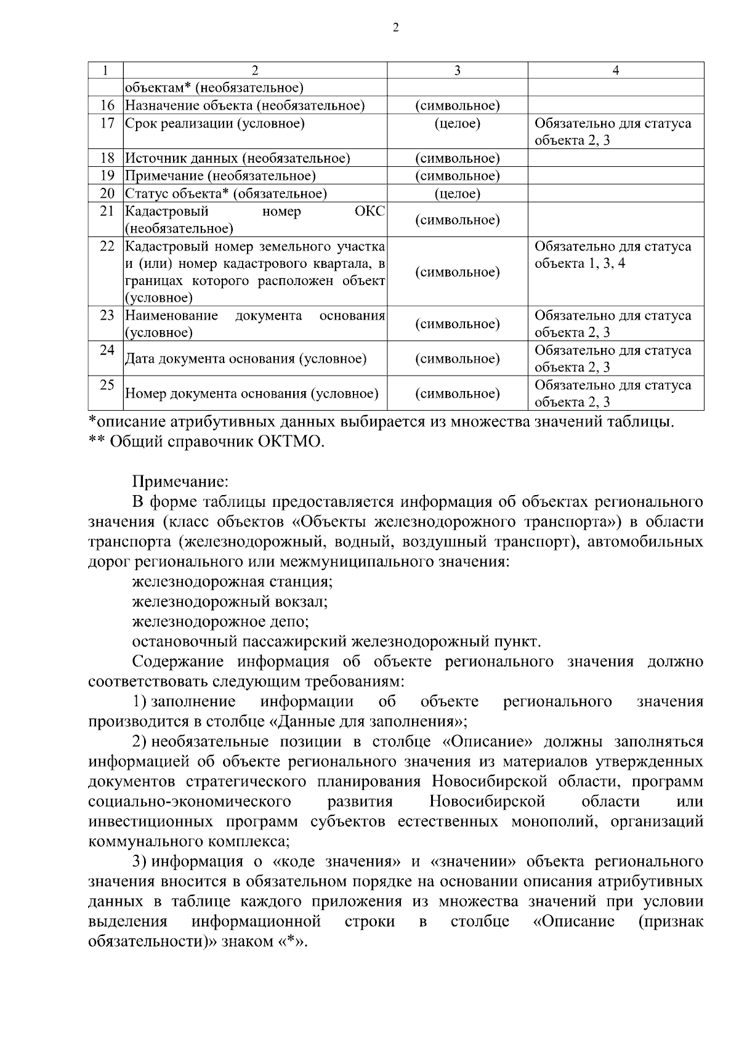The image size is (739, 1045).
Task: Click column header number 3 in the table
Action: (457, 70)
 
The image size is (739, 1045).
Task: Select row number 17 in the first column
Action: (107, 123)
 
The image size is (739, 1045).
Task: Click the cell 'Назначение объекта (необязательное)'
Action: (245, 106)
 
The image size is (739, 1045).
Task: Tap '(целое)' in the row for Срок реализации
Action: (457, 123)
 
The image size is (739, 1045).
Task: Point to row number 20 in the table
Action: (107, 194)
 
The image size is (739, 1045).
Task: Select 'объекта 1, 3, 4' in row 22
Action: (579, 264)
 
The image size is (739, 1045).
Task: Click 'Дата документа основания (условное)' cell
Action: (246, 358)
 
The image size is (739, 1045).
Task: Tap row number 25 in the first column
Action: (107, 385)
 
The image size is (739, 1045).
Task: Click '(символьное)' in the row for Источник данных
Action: (457, 158)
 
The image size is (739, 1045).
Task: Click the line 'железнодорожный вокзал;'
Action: (230, 601)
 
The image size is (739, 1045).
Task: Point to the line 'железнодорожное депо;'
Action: (220, 621)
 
